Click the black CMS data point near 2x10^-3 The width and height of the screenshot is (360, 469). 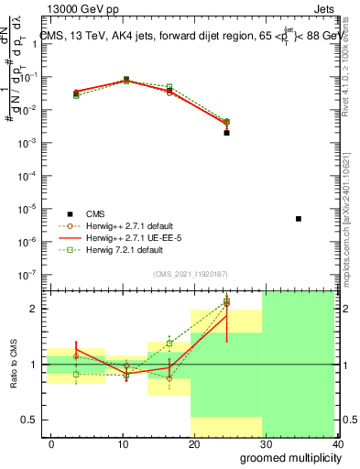point(226,133)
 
